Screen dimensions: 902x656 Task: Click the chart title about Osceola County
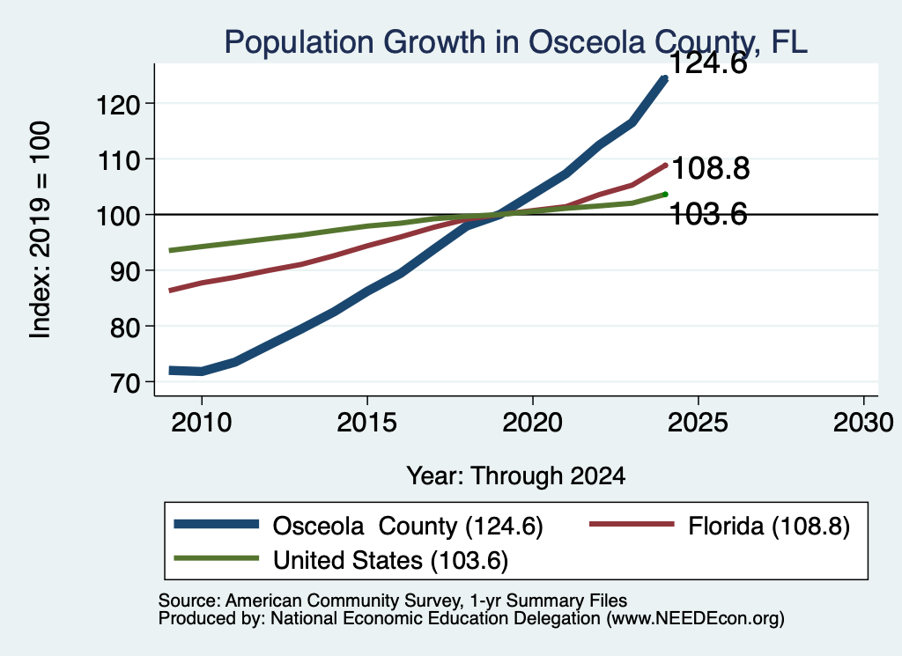tap(516, 42)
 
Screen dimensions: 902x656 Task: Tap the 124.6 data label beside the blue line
tap(708, 63)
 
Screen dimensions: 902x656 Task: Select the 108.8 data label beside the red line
tap(711, 168)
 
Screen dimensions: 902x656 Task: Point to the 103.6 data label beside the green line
tap(709, 215)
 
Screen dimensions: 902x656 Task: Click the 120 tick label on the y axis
tap(118, 105)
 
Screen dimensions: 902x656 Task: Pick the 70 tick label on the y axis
tap(125, 383)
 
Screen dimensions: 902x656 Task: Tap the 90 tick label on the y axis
tap(125, 271)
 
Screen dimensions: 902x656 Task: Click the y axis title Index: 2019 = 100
tap(41, 230)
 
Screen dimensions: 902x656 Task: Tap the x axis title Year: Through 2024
tap(516, 476)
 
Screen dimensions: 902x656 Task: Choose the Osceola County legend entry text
tap(408, 526)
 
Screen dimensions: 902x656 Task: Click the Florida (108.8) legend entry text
tap(768, 526)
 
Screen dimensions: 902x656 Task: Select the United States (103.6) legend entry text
tap(390, 561)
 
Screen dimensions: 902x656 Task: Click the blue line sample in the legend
tap(217, 524)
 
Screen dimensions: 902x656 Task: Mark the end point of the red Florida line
tap(666, 166)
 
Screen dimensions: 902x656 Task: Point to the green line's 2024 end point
tap(666, 195)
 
